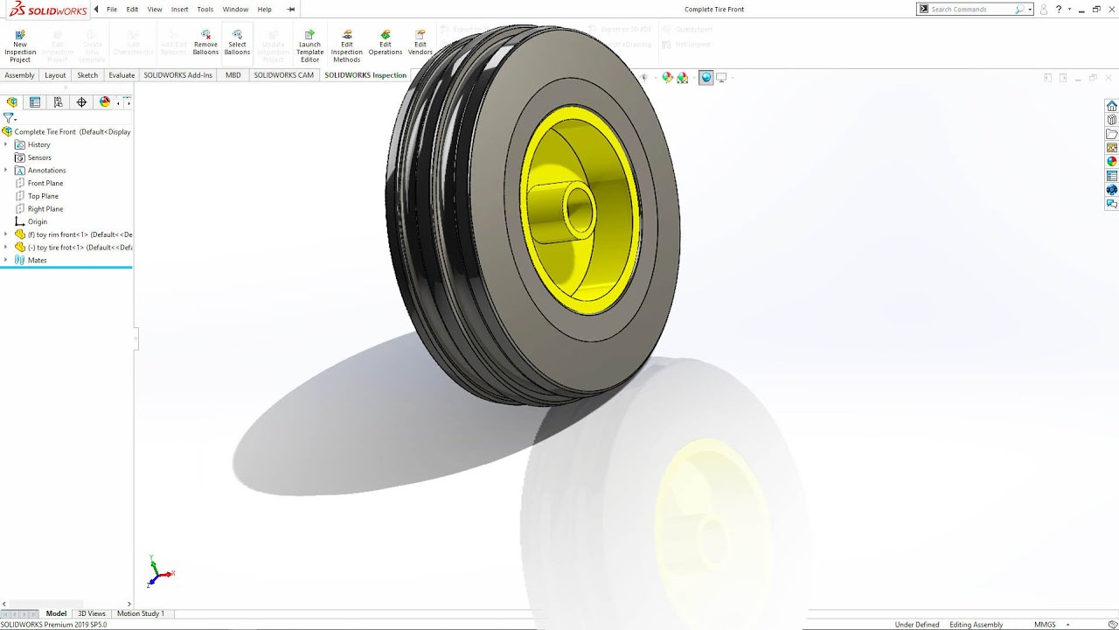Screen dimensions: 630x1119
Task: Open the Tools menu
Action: click(205, 10)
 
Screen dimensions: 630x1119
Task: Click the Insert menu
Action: click(179, 10)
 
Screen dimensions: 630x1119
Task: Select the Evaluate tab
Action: click(122, 75)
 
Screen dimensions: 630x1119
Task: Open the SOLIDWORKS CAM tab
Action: click(283, 75)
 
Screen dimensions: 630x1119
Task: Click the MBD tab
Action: click(233, 75)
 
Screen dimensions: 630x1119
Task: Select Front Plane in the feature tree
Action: click(45, 183)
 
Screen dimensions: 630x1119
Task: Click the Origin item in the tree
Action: click(37, 221)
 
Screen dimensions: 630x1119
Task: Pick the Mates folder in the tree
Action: click(37, 260)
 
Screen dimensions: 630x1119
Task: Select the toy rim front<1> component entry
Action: click(79, 234)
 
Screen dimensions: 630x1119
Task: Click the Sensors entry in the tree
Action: click(39, 157)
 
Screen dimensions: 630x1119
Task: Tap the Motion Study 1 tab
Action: click(140, 613)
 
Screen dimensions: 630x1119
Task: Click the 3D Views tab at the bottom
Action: click(91, 613)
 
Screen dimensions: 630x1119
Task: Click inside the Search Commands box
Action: click(970, 10)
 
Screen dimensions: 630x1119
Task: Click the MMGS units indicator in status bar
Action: click(1045, 625)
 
